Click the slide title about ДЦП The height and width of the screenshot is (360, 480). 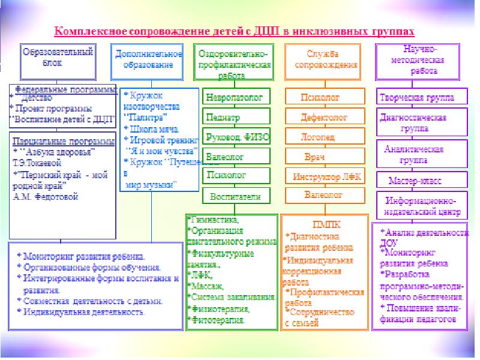[235, 29]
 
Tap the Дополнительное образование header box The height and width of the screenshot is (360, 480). [148, 61]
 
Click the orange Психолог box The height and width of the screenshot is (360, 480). [321, 96]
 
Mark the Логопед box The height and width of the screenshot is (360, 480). [321, 137]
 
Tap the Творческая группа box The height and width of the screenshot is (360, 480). [418, 97]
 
